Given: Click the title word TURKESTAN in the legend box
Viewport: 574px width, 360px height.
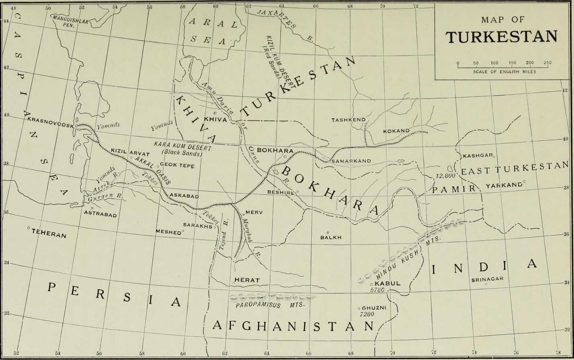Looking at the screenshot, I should (501, 37).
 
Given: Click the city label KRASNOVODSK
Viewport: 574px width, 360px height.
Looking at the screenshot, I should (50, 122).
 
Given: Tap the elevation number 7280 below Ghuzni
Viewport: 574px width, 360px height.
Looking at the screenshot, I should (367, 314).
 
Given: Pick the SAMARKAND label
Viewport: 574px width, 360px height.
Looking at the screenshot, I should (351, 161).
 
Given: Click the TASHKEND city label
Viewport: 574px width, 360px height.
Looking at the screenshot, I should (348, 120).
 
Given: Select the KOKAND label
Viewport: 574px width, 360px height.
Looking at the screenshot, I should (396, 131).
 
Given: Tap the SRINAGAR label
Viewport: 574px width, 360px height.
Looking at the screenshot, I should (487, 279).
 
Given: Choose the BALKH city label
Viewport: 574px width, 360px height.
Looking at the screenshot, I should (331, 237).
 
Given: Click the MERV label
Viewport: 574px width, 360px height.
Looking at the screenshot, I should (253, 212).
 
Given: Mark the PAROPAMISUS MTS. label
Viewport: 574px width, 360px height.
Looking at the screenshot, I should (270, 305).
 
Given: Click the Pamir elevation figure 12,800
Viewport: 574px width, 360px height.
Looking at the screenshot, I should (445, 176).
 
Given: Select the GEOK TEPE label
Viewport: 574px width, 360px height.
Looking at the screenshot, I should (177, 165).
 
